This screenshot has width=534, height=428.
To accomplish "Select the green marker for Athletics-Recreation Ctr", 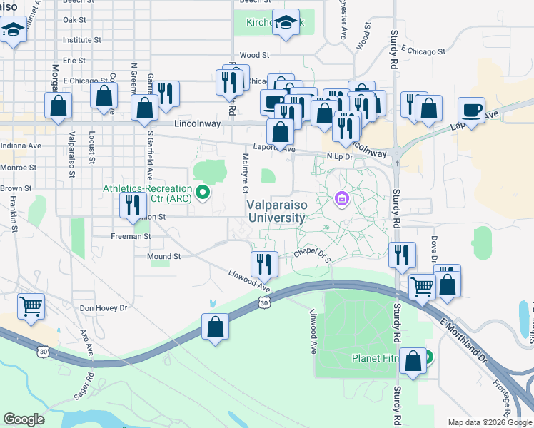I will click(x=203, y=192).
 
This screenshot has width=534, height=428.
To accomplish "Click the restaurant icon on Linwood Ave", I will click(x=263, y=263).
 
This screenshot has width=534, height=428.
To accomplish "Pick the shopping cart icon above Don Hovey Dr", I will click(x=31, y=306).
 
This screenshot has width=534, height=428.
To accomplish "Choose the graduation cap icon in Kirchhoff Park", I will click(x=286, y=24).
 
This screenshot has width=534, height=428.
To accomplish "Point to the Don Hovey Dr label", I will click(x=103, y=308).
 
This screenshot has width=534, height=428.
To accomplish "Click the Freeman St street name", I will click(x=131, y=235).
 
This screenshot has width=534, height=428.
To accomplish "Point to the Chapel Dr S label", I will click(x=313, y=254).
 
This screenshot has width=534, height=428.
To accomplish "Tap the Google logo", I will click(x=24, y=419).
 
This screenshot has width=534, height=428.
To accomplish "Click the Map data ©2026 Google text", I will click(x=489, y=422).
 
